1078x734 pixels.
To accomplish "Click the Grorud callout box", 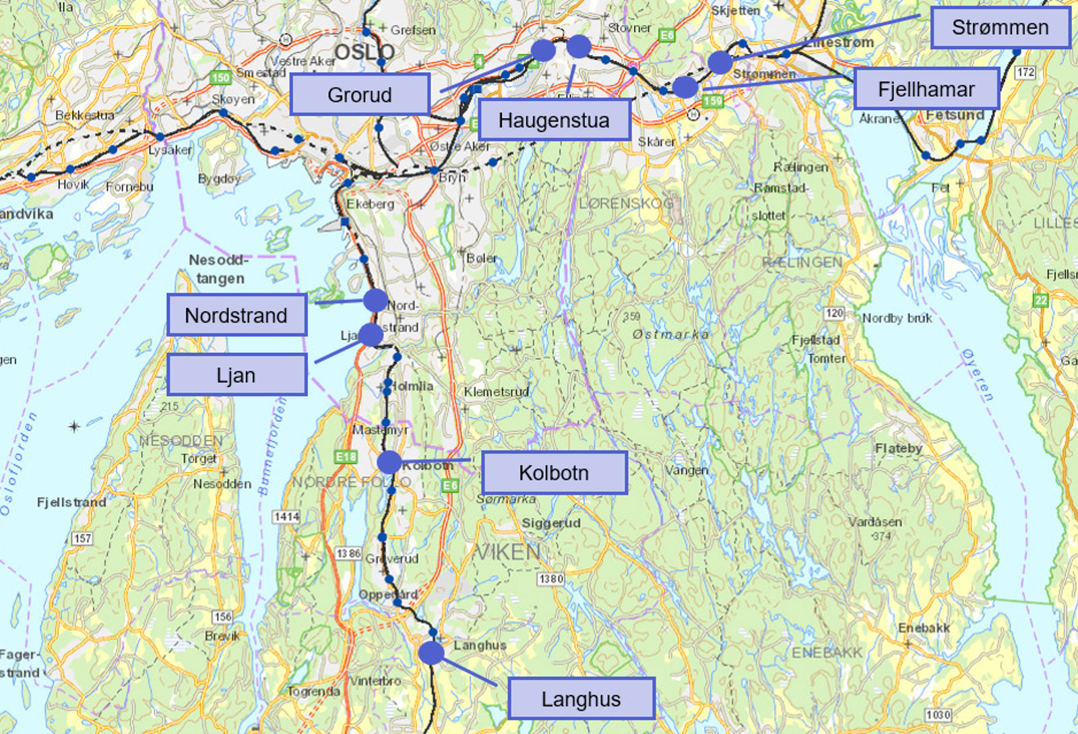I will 360,94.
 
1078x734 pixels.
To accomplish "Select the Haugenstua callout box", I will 554,120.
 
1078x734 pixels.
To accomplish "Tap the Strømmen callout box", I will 1000,28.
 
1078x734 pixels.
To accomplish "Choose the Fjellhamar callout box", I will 926,89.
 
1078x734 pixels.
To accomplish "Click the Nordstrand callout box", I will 236,315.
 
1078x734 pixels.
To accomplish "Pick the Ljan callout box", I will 236,375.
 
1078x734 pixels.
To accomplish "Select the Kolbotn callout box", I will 554,472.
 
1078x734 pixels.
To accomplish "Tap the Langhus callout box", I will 581,699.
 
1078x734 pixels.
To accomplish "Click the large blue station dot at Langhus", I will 431,652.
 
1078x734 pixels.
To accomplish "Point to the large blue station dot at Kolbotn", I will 389,462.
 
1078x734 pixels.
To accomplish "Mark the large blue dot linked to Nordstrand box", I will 375,300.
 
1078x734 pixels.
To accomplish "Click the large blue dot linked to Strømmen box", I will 720,62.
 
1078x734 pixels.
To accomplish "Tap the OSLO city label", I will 364,51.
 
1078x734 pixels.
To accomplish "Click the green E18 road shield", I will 346,457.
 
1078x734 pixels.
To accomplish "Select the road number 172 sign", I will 1025,72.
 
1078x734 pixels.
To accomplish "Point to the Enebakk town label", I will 924,628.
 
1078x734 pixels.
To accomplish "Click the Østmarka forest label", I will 670,334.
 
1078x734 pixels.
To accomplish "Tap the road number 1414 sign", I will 286,516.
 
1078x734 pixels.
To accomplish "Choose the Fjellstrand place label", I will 71,502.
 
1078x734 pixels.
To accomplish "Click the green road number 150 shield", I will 220,78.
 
